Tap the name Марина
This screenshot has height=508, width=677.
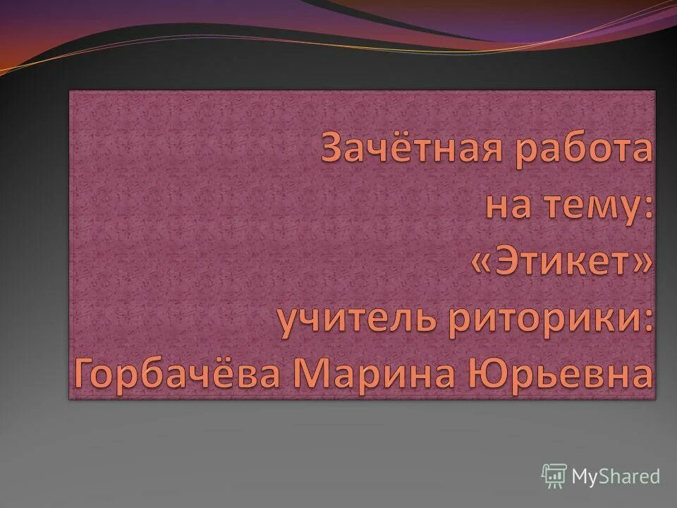click(377, 374)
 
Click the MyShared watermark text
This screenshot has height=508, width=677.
click(616, 476)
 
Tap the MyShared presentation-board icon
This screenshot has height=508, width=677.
click(554, 476)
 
